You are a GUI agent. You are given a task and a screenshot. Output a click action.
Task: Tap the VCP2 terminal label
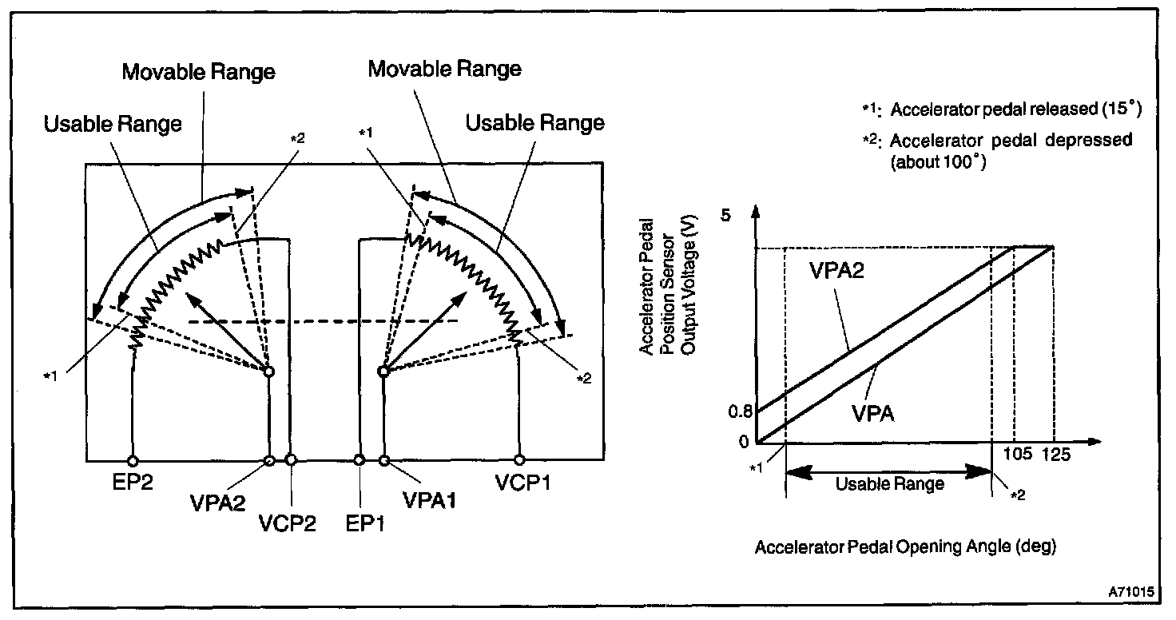pyautogui.click(x=287, y=524)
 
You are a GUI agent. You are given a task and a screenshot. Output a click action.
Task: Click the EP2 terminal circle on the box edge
pyautogui.click(x=133, y=460)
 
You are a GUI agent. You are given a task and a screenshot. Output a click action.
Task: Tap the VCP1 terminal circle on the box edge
pyautogui.click(x=520, y=460)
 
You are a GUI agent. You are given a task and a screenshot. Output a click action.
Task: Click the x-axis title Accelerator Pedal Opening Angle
pyautogui.click(x=905, y=548)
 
